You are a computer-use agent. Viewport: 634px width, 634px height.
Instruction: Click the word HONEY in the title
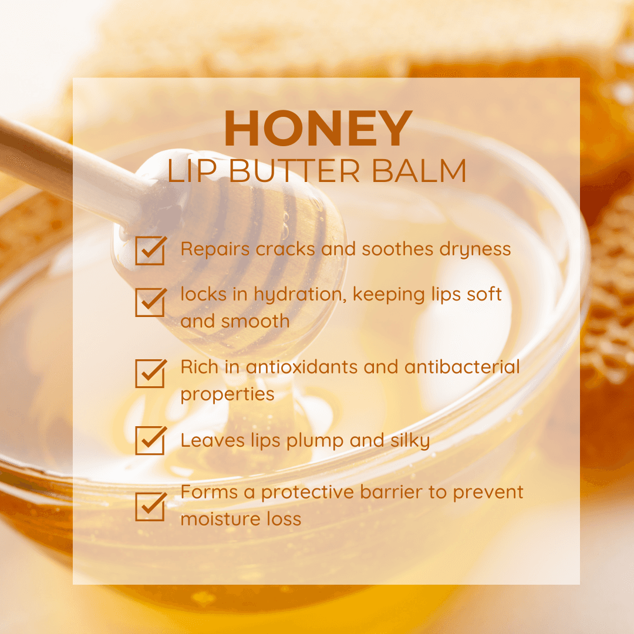coord(318,129)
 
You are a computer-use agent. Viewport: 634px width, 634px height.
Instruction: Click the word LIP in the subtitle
coord(188,170)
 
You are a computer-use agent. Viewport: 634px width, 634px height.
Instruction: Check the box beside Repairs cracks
coord(150,250)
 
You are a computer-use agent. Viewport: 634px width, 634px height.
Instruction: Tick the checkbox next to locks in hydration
coord(150,302)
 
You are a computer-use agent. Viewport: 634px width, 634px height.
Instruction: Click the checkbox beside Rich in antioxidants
coord(150,373)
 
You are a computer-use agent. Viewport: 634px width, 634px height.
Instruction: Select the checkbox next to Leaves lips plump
coord(150,440)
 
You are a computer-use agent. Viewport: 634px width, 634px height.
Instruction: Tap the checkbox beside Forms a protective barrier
coord(150,506)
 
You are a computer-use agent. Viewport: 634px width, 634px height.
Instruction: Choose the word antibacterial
coord(462,367)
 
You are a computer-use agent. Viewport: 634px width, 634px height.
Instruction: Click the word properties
coord(227,394)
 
